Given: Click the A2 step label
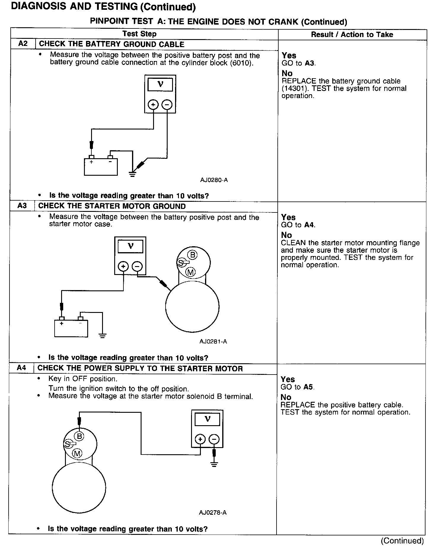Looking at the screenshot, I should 23,44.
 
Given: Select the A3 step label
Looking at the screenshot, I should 22,206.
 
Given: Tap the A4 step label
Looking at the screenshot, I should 21,368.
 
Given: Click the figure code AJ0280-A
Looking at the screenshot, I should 214,180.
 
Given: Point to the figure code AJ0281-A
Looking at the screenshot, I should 213,342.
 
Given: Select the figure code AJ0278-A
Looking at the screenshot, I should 213,512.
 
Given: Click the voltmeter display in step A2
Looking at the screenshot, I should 160,85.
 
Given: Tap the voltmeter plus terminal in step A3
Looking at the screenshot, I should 123,266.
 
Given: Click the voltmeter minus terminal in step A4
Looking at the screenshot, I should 214,439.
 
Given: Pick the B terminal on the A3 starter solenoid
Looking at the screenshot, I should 192,255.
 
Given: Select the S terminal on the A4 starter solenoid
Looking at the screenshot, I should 68,444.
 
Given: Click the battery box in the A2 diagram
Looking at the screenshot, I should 101,167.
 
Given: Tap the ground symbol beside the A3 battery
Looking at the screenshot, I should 103,336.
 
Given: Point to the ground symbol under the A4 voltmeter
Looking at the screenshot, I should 214,465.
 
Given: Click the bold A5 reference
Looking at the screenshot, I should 309,387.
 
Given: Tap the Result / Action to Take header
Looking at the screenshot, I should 352,34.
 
